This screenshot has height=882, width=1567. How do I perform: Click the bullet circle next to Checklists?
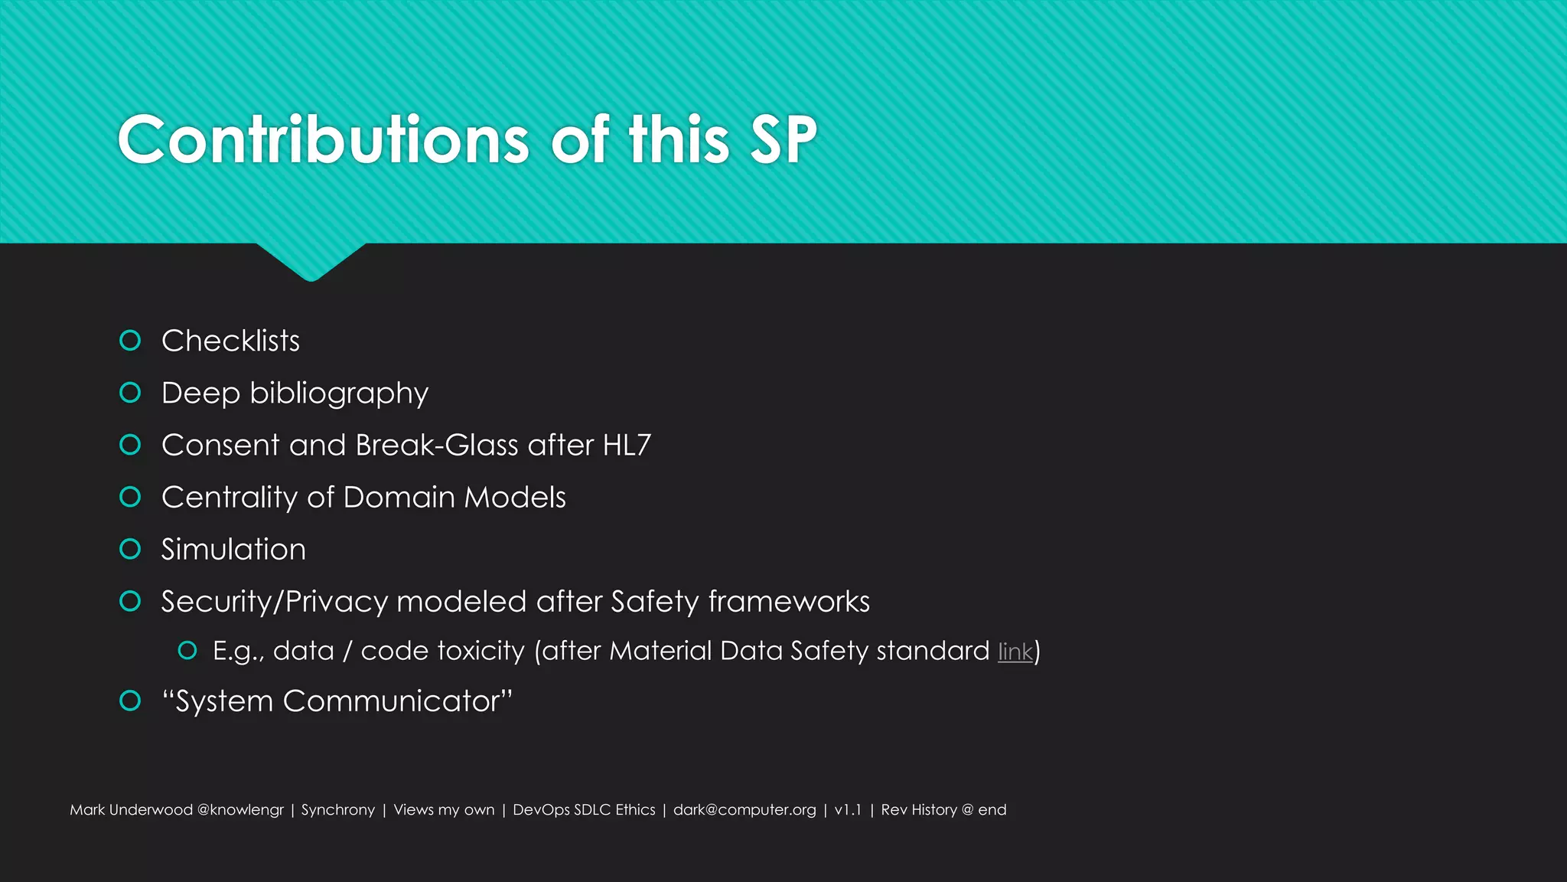131,340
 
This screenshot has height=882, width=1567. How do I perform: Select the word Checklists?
230,341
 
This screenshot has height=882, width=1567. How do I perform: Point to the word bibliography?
338,394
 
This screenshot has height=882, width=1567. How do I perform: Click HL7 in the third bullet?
627,445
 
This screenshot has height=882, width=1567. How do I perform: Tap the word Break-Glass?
437,445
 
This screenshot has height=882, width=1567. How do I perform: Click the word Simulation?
233,550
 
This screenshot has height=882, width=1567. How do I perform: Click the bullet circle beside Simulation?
131,549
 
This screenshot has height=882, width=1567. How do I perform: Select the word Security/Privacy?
274,602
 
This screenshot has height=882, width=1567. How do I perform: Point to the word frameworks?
789,602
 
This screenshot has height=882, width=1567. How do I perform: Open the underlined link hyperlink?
1015,652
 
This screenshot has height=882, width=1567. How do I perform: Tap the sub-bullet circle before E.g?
187,651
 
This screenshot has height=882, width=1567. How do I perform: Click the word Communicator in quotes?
392,701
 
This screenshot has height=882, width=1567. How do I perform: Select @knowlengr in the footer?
240,810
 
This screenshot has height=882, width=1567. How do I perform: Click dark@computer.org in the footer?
744,810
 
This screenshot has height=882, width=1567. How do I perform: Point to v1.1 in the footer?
848,810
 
